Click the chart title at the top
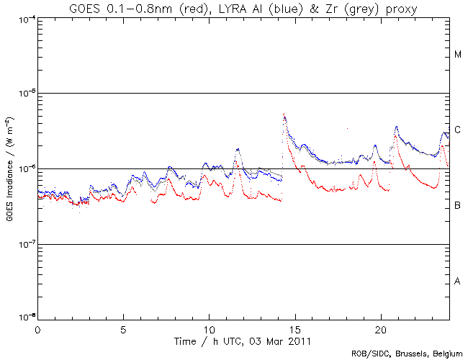tap(244, 8)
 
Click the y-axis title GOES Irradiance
tap(10, 168)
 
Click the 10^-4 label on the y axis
tap(25, 19)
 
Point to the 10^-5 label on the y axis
tap(25, 94)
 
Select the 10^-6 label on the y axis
tap(25, 169)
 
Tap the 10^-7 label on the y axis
tap(25, 245)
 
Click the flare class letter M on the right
tap(458, 55)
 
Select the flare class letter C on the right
tap(458, 130)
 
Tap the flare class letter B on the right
tap(458, 206)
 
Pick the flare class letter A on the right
tap(458, 282)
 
